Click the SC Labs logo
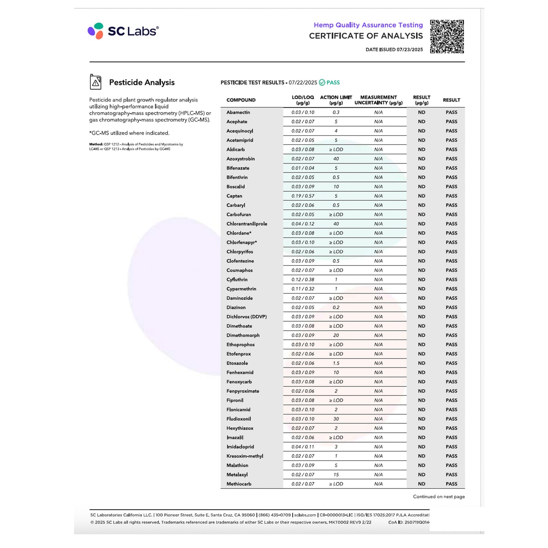coord(123,31)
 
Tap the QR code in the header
coord(447,36)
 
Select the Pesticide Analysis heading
coord(142,82)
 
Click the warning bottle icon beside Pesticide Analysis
coord(96,82)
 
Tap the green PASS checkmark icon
coord(322,82)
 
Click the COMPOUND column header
coord(241,100)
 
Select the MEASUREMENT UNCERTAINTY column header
coord(378,100)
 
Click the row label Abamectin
coord(238,112)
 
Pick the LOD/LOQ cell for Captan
coord(303,196)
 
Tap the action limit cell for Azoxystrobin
coord(336,159)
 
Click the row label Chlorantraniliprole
coord(247,224)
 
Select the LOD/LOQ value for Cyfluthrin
coord(303,279)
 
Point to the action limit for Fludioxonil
coord(336,419)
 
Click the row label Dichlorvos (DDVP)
coord(247,317)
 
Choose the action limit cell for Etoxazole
coord(336,363)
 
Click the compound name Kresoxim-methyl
coord(245,456)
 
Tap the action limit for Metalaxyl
coord(336,475)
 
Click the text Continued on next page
coord(439,497)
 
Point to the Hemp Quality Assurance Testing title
coord(368,25)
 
